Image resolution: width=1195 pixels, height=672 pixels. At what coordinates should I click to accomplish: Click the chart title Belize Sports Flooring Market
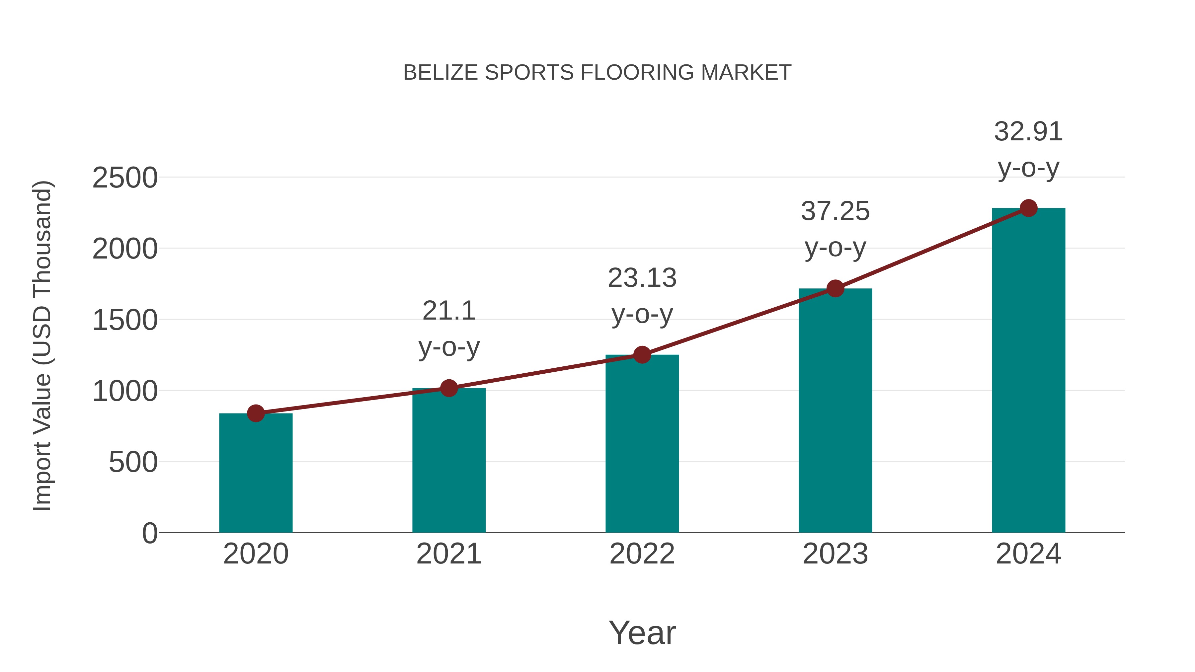click(x=597, y=73)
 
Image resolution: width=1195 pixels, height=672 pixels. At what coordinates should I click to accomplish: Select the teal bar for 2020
click(x=256, y=473)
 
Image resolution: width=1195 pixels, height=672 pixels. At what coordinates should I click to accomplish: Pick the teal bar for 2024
click(x=1028, y=371)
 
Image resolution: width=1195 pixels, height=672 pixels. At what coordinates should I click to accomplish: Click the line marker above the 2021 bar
click(x=448, y=388)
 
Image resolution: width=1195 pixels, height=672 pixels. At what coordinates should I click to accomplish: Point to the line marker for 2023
click(x=835, y=288)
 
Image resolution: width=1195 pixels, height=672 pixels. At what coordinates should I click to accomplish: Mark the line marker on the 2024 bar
click(x=1028, y=208)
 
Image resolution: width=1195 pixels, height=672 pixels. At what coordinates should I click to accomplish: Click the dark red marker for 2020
click(x=256, y=413)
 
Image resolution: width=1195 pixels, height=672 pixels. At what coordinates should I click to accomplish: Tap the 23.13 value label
click(x=642, y=278)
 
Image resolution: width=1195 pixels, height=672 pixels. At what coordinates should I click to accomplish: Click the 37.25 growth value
click(x=835, y=212)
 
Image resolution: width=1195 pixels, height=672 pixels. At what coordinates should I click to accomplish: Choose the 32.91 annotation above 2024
click(x=1028, y=132)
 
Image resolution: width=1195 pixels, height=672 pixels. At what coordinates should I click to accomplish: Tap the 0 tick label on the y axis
click(x=149, y=533)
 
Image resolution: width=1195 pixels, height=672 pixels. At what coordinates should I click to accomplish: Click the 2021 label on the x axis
click(x=448, y=554)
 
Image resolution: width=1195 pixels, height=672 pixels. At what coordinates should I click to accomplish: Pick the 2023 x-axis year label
click(x=835, y=554)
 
